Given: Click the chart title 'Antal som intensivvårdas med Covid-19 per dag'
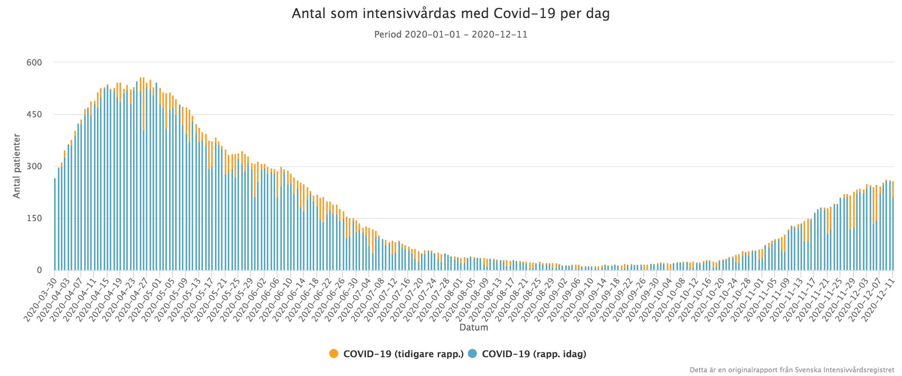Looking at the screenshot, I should click(x=451, y=14).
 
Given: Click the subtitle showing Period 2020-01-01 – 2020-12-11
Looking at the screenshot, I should click(x=451, y=34).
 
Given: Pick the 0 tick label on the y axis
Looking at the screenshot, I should click(x=39, y=270).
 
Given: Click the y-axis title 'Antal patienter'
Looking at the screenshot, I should click(x=17, y=166).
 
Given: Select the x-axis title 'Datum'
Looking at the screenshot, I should click(x=474, y=328).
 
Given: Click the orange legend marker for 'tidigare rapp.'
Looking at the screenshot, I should click(x=334, y=354).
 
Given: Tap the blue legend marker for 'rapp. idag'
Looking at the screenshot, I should click(x=472, y=354).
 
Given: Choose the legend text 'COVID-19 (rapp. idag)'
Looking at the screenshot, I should click(x=534, y=354).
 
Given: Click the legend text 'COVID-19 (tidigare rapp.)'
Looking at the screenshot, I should click(x=404, y=354).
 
